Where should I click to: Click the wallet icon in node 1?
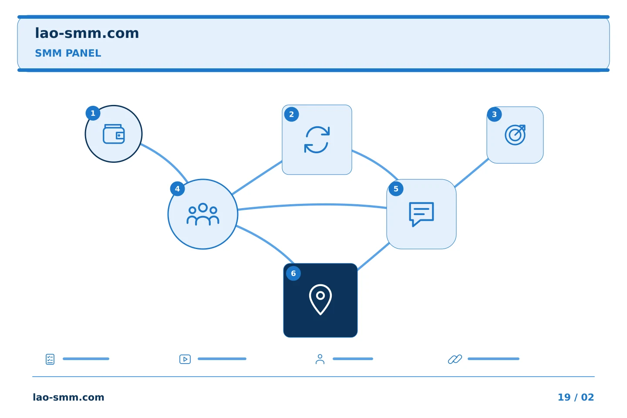114,134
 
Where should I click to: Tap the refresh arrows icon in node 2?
317,140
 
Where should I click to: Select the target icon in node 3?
515,135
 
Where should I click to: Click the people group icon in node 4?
203,214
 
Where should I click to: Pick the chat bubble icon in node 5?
421,214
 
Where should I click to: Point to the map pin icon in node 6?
320,300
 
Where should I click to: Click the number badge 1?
93,113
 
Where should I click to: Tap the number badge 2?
291,115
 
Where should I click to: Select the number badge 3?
494,115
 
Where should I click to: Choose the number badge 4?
178,189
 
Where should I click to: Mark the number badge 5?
396,189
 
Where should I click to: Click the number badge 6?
293,273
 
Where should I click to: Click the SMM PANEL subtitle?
68,53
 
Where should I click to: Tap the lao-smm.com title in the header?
87,34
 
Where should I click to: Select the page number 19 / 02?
576,397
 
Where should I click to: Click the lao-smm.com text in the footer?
69,397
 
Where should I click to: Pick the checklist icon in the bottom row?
50,359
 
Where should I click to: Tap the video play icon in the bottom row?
185,359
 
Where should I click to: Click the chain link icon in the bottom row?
455,359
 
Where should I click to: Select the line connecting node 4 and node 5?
312,205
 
